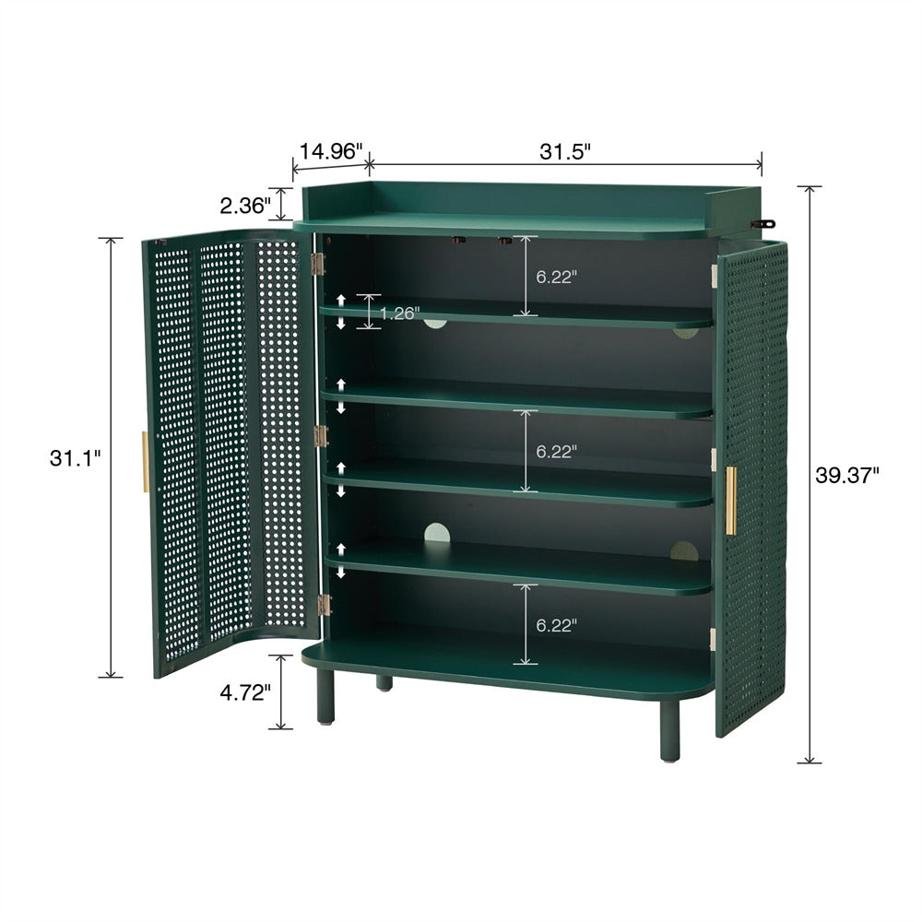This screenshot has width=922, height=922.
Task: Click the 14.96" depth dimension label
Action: pyautogui.click(x=331, y=152)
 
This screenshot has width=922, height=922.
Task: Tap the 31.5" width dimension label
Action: pyautogui.click(x=564, y=152)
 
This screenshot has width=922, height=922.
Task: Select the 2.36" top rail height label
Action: pyautogui.click(x=245, y=206)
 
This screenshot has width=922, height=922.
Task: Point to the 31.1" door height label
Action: pyautogui.click(x=76, y=458)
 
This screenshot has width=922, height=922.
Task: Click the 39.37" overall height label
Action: pyautogui.click(x=846, y=475)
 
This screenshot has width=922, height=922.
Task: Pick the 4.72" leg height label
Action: pyautogui.click(x=245, y=692)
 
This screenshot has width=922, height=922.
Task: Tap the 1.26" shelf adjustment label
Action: pyautogui.click(x=400, y=313)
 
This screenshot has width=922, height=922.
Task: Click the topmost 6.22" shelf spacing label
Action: pyautogui.click(x=556, y=277)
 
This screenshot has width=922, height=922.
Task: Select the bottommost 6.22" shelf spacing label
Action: pyautogui.click(x=556, y=626)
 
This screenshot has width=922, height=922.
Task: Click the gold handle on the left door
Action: pyautogui.click(x=146, y=462)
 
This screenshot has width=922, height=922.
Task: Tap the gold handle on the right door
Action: pyautogui.click(x=730, y=501)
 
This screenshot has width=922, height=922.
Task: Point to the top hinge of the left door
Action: pyautogui.click(x=317, y=265)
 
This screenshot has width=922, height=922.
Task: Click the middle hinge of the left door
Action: pyautogui.click(x=320, y=436)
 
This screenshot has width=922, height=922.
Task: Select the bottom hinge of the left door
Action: pyautogui.click(x=324, y=605)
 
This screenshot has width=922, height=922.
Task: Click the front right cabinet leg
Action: pyautogui.click(x=669, y=731)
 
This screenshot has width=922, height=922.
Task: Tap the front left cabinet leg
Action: pyautogui.click(x=325, y=696)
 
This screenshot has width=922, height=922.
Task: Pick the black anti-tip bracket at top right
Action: pyautogui.click(x=762, y=224)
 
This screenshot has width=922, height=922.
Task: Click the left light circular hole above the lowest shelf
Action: pyautogui.click(x=437, y=533)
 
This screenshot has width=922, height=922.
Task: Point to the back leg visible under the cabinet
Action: pyautogui.click(x=384, y=683)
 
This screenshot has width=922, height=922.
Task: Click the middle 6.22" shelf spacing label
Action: pyautogui.click(x=556, y=452)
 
